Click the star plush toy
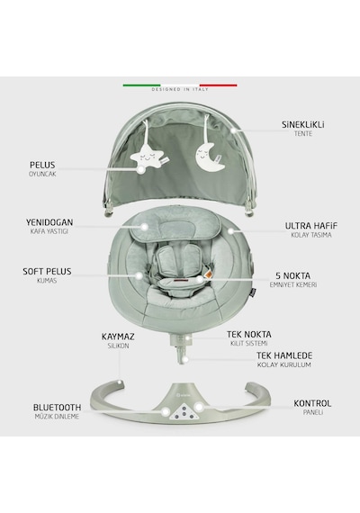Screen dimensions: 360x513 146,156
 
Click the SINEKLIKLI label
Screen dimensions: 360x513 303,125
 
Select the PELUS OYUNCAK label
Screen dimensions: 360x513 42,169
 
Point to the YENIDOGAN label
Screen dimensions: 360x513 49,222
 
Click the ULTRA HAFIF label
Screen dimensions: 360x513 310,226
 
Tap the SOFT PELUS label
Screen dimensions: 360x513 47,271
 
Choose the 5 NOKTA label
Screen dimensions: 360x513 292,275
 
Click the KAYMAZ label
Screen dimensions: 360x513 118,337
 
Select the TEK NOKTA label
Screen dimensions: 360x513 249,335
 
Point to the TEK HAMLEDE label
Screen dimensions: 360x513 284,355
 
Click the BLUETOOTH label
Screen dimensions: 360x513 57,408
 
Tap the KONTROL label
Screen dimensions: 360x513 312,403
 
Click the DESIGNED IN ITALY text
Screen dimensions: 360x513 180,89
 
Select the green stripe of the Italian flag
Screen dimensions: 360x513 141,85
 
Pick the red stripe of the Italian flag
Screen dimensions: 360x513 219,85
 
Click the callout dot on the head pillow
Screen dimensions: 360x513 144,227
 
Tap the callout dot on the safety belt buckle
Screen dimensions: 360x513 200,279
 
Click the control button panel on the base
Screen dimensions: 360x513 184,412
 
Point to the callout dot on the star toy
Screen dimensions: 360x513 141,169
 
